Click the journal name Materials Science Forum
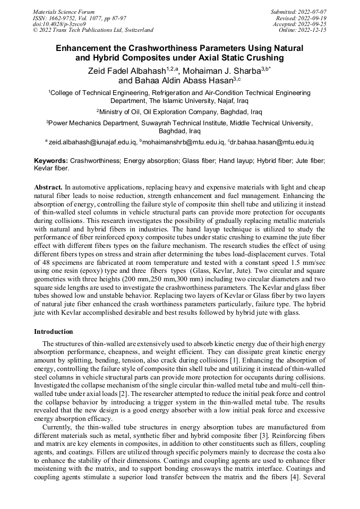click(x=64, y=11)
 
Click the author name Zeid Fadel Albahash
click(x=125, y=71)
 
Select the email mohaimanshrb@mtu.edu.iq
click(x=183, y=142)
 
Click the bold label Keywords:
click(x=51, y=160)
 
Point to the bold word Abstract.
click(x=48, y=187)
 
